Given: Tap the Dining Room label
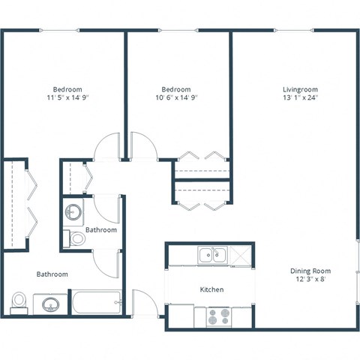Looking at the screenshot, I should click(310, 271).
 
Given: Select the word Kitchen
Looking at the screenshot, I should click(211, 289).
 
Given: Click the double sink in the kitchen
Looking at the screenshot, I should click(212, 256).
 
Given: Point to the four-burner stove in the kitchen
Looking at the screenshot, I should click(217, 316).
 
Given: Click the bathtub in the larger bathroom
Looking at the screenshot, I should click(96, 302).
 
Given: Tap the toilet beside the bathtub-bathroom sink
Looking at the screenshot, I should click(20, 301).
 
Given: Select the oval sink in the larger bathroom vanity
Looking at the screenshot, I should click(51, 305).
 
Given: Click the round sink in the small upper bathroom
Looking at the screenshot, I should click(73, 213).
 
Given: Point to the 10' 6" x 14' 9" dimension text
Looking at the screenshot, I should click(176, 97).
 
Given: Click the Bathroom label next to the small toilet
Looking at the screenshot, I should click(100, 229).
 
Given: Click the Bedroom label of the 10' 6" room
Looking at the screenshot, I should click(176, 88).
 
